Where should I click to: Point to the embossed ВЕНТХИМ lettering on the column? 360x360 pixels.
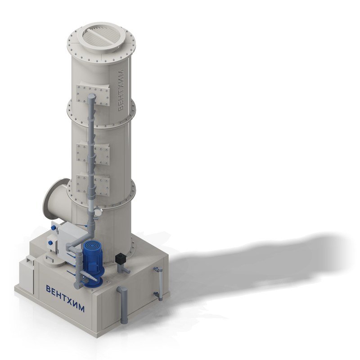click(121, 90)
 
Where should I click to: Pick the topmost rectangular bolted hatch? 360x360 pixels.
click(93, 95)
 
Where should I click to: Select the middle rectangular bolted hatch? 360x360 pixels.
click(93, 154)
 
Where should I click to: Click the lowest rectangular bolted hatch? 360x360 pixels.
click(93, 185)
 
